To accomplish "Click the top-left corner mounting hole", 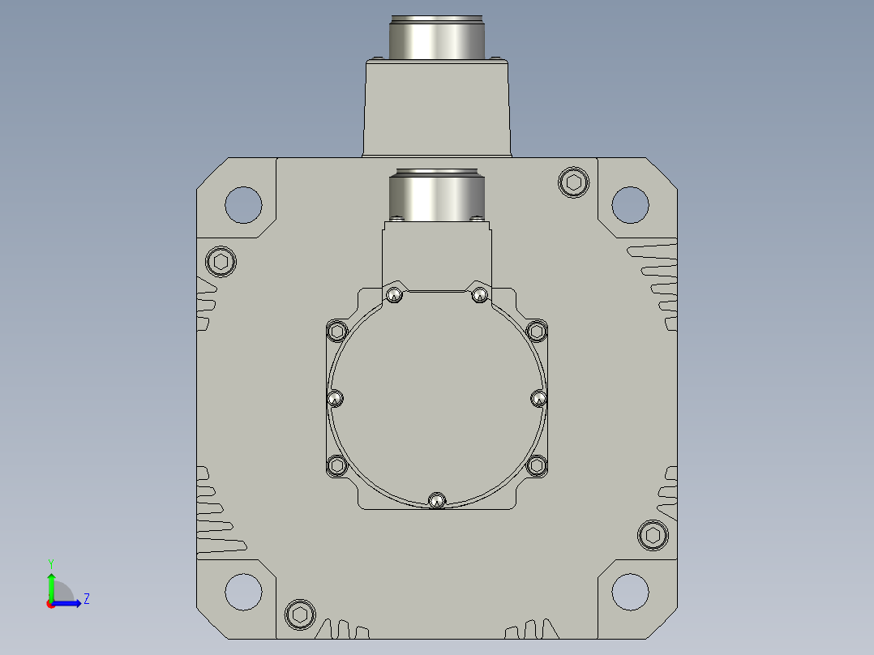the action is [x=243, y=204].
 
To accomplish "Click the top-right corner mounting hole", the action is [x=630, y=204].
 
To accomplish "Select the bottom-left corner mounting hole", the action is [x=243, y=592].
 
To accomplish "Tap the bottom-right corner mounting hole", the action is [x=630, y=592].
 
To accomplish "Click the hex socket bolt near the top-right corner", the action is [x=573, y=182].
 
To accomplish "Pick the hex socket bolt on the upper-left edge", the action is [x=221, y=262].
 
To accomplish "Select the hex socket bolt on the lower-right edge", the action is [x=653, y=535].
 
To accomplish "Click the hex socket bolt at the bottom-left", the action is [x=300, y=614].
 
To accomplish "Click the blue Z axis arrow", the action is [x=66, y=603].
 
